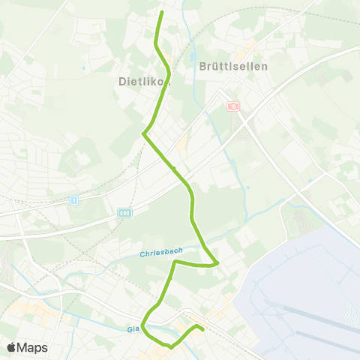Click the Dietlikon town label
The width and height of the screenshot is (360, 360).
point(145,82)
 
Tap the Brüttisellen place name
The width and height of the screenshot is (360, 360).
point(233,65)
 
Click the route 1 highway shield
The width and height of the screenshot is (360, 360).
point(73,200)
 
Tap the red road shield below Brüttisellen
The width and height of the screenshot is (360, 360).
point(233,106)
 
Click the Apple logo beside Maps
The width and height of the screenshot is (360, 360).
point(11,347)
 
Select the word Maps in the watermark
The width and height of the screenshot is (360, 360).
point(32,347)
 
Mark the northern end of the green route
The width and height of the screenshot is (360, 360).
point(162,12)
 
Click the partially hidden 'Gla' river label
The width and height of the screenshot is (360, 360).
point(133,328)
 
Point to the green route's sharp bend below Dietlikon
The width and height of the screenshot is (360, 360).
point(143,133)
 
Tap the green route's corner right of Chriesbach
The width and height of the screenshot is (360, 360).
point(216,263)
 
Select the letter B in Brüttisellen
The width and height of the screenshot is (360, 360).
point(204,65)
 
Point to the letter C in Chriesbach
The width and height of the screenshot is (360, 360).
point(142,256)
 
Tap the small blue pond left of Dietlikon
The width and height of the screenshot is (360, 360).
point(84,69)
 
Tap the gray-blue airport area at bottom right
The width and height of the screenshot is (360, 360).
point(307,300)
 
